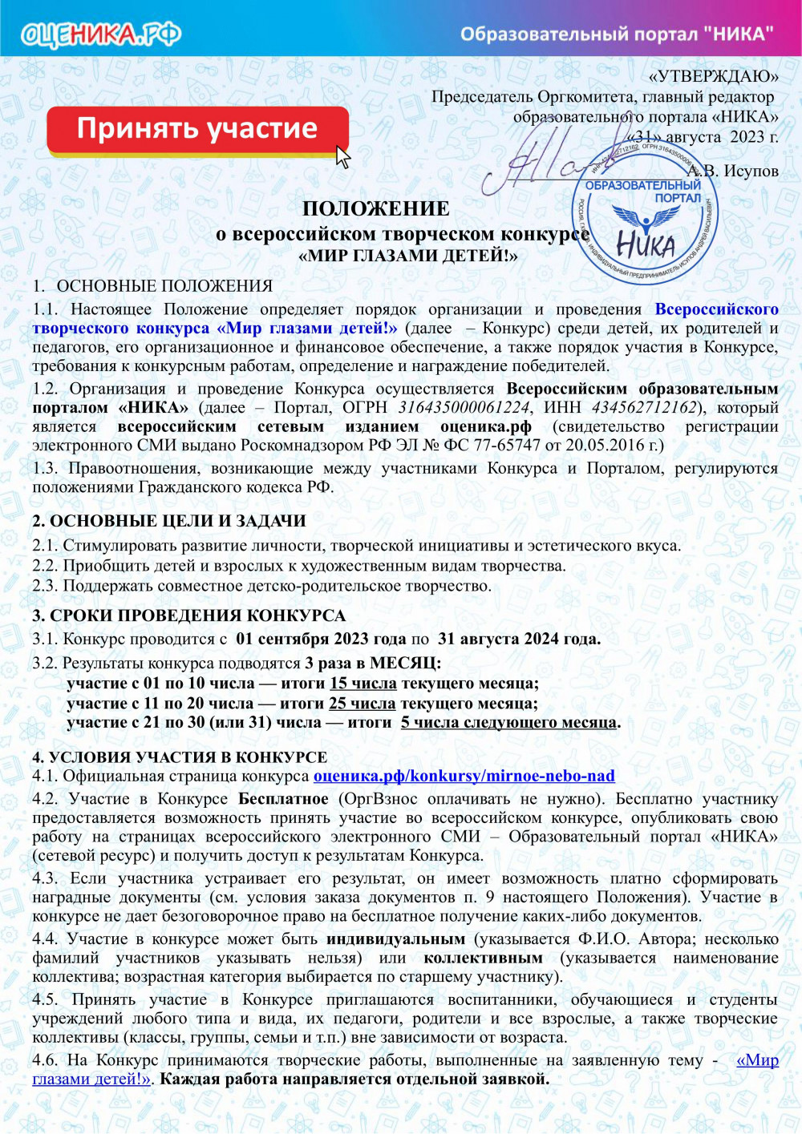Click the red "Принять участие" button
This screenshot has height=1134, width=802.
(197, 130)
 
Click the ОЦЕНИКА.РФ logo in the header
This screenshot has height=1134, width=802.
(101, 34)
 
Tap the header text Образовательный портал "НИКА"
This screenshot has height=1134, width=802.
(617, 34)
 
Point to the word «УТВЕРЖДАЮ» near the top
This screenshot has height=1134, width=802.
(713, 76)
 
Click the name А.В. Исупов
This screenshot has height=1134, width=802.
(733, 171)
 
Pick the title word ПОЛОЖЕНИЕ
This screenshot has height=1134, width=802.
(375, 208)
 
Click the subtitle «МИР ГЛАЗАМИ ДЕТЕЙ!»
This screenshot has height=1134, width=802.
(407, 256)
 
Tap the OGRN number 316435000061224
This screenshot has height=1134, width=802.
(464, 407)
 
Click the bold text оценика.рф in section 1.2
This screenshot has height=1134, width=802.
(485, 426)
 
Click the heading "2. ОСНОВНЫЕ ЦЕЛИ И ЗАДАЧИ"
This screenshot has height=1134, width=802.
(169, 521)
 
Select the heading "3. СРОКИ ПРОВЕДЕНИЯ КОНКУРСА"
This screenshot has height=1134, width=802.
(188, 615)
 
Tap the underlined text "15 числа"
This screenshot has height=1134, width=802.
(363, 684)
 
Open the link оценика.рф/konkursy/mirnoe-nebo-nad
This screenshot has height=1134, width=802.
(464, 776)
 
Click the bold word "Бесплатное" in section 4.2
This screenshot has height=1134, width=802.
(283, 799)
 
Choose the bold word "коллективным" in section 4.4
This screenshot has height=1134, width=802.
(483, 958)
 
